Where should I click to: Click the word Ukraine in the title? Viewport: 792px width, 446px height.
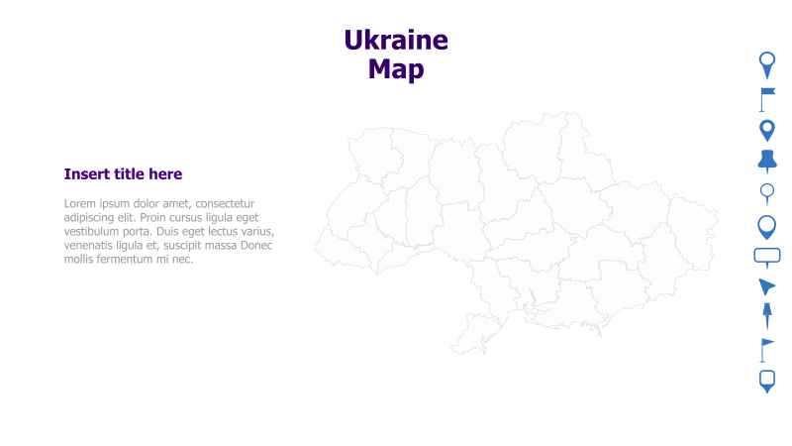(396, 41)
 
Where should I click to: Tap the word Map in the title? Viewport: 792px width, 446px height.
(396, 69)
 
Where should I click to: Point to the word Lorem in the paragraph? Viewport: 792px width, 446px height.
(81, 203)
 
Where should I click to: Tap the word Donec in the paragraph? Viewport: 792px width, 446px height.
(254, 245)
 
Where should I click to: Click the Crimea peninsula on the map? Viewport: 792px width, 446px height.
(485, 333)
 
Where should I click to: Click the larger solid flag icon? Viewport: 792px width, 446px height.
(767, 98)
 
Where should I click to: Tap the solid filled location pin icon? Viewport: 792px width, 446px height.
(767, 130)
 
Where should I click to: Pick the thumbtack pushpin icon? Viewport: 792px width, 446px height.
(767, 161)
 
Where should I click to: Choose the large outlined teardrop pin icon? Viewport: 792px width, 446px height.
(767, 227)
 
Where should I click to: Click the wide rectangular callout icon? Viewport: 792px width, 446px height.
(767, 257)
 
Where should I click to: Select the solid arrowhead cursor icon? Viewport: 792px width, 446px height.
(766, 286)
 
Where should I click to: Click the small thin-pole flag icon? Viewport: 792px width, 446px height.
(765, 349)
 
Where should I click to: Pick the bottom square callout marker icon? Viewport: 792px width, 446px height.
(767, 381)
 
